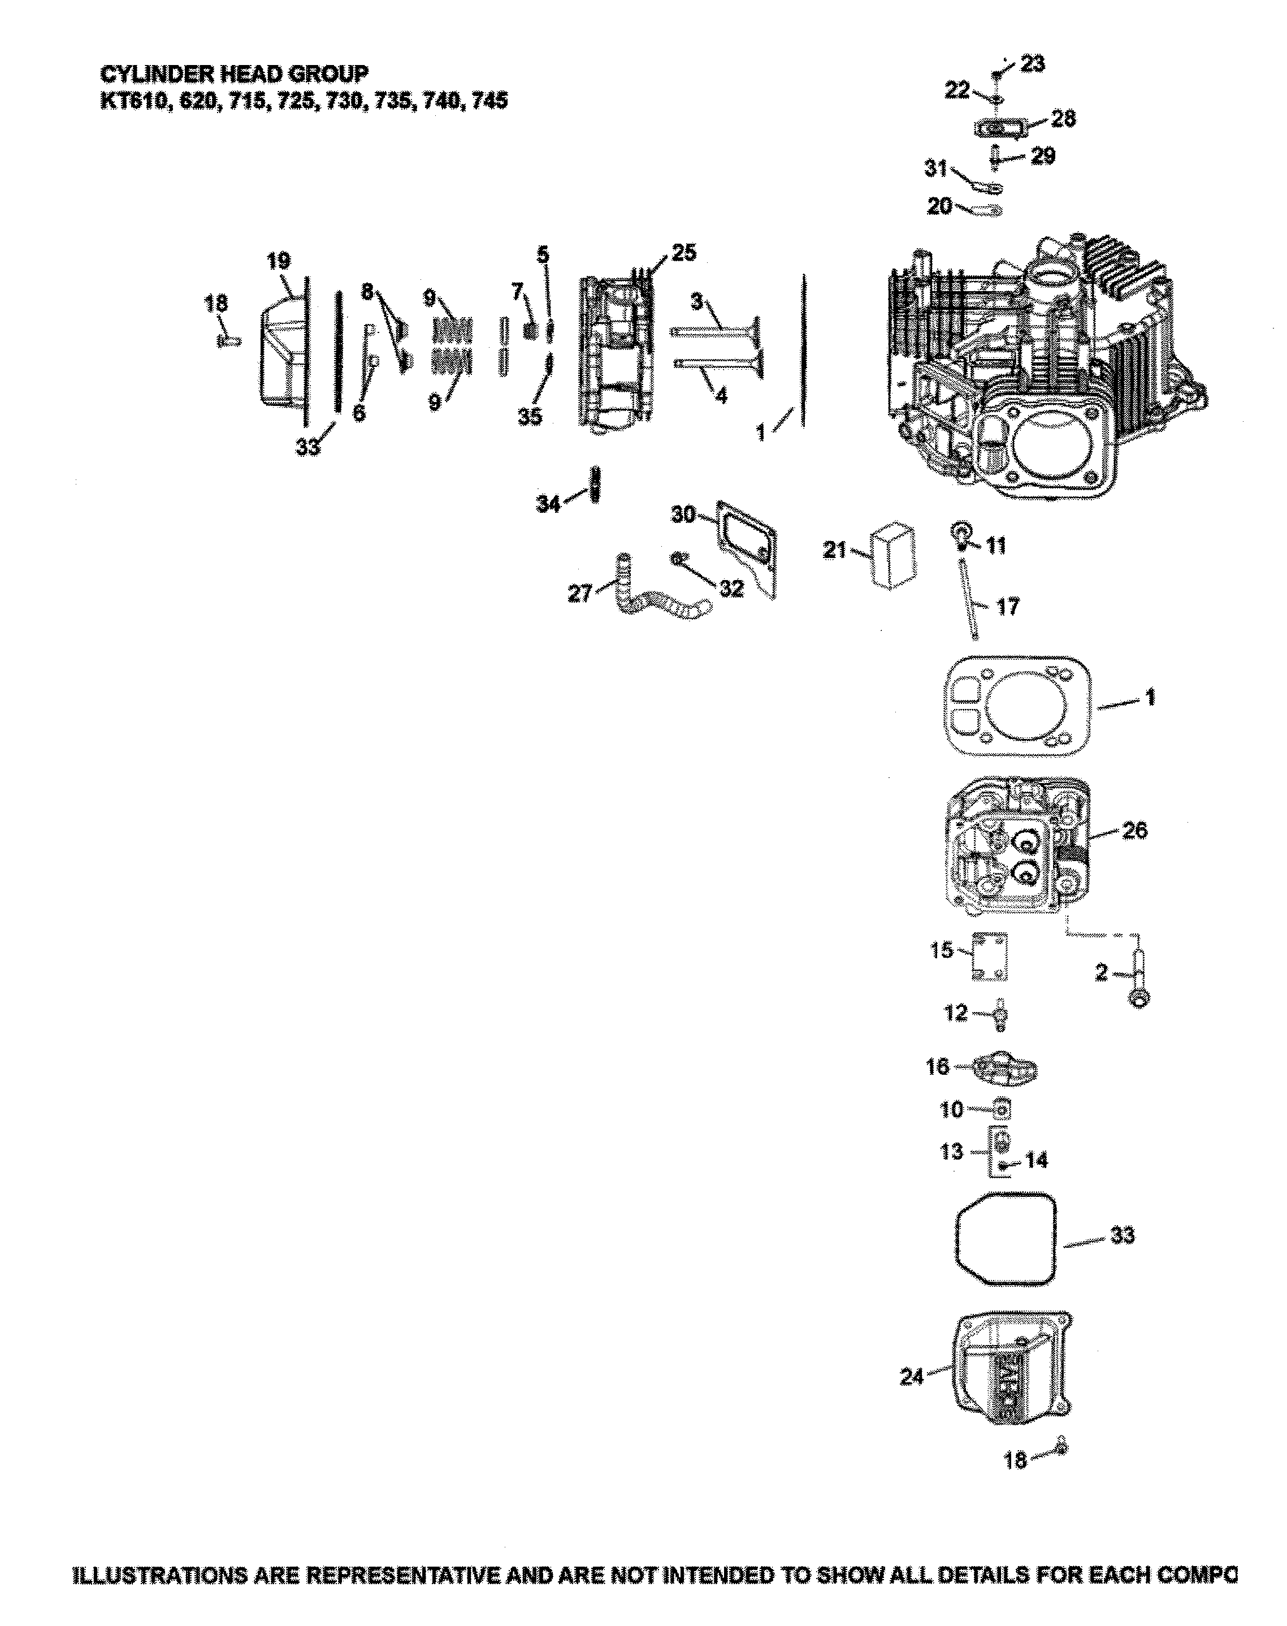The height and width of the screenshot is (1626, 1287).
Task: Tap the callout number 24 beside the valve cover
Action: pyautogui.click(x=911, y=1377)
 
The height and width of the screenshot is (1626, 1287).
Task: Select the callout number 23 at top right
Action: pyautogui.click(x=1032, y=64)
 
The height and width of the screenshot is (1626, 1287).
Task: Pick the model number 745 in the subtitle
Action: pyautogui.click(x=490, y=100)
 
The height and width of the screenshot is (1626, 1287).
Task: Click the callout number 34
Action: pyautogui.click(x=548, y=504)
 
